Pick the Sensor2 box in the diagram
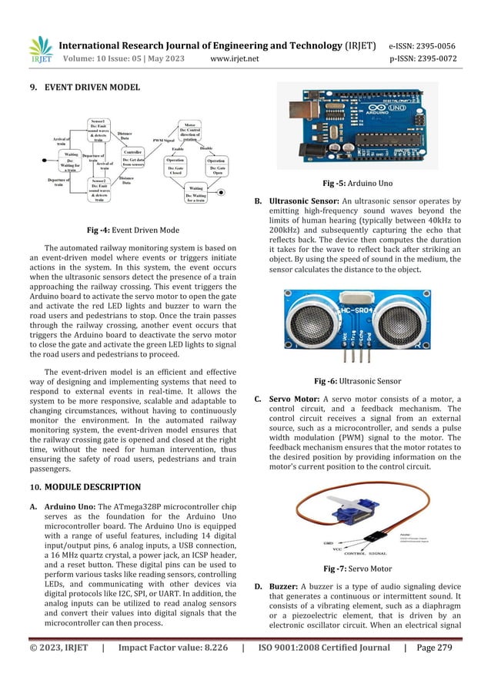tap(99, 188)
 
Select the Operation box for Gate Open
tap(216, 167)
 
